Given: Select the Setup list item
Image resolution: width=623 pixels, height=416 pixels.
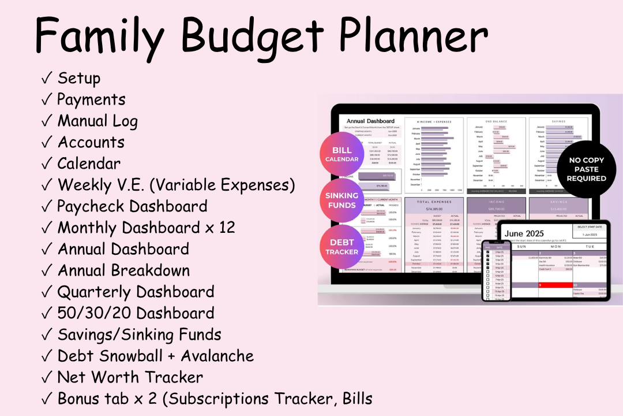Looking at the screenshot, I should pyautogui.click(x=79, y=78).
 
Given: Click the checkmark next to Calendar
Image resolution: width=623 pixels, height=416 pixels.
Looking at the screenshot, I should pyautogui.click(x=47, y=164).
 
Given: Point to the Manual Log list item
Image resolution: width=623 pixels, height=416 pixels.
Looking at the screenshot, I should pyautogui.click(x=97, y=121).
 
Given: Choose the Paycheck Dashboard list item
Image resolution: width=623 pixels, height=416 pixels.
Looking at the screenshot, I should pyautogui.click(x=132, y=206).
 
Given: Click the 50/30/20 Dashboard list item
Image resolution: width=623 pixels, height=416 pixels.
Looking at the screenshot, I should pyautogui.click(x=136, y=313).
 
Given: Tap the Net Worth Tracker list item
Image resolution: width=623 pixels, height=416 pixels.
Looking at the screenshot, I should pyautogui.click(x=130, y=377).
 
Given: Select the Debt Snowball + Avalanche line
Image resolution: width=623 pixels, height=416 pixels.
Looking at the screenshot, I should pyautogui.click(x=155, y=356).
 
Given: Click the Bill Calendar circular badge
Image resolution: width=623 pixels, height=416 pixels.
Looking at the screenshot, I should pyautogui.click(x=342, y=154).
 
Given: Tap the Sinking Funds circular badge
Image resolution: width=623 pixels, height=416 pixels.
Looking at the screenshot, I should pyautogui.click(x=342, y=200).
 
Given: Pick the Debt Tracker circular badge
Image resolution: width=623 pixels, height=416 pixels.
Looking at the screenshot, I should pyautogui.click(x=342, y=247).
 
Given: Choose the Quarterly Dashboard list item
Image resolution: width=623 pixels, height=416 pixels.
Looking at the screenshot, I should pyautogui.click(x=136, y=292).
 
